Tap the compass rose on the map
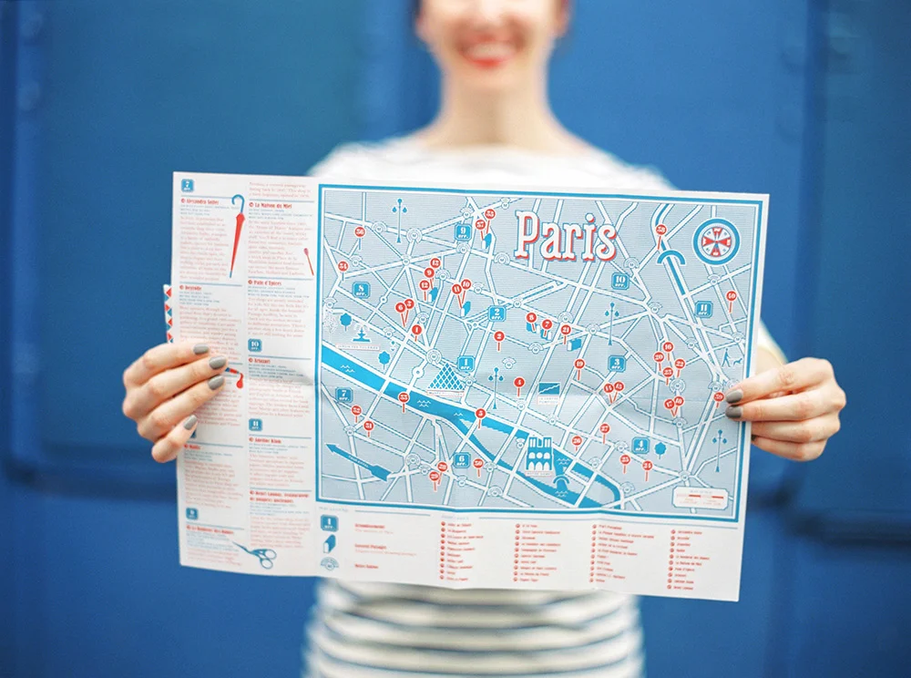click(716, 241)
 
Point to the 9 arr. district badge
click(464, 232)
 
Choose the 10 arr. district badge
click(619, 281)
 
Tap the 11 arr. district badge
click(703, 309)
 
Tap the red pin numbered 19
click(578, 365)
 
